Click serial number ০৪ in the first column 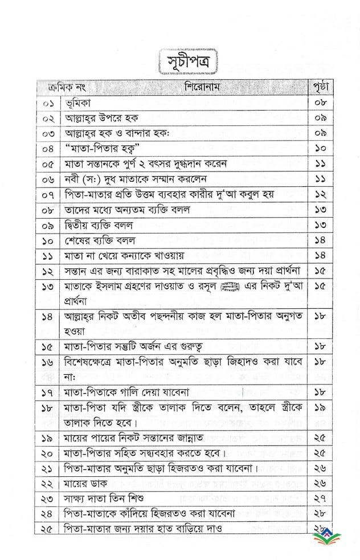tap(50, 149)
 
